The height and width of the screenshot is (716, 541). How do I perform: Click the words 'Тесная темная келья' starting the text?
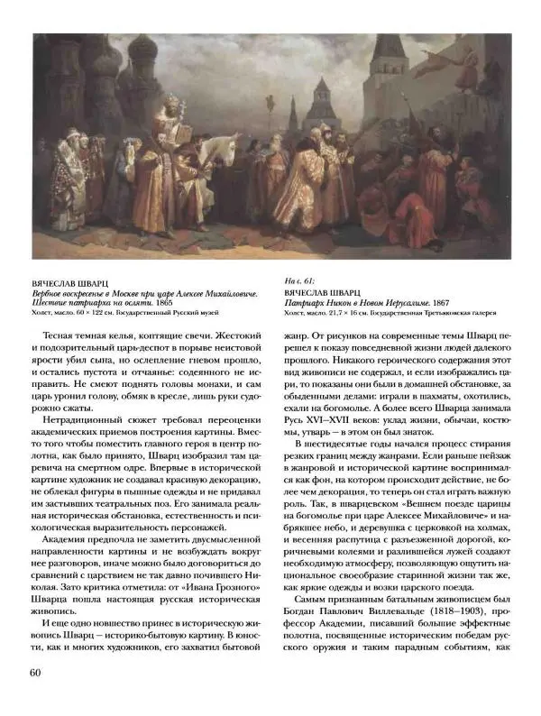coord(95,335)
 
